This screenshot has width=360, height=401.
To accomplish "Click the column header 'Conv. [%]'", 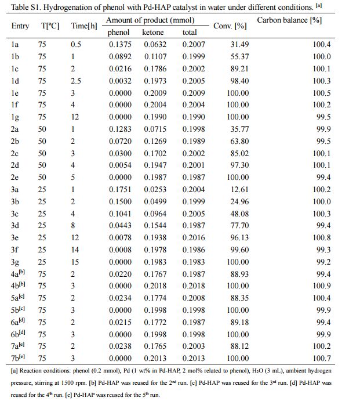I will [227, 27].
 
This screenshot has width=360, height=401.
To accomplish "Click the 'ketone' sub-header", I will [154, 32].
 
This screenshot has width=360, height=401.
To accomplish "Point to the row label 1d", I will [15, 81].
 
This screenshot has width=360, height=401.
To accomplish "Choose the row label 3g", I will [15, 262].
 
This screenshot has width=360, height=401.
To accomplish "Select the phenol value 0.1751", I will [119, 189].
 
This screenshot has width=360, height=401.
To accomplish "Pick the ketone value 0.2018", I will [154, 286].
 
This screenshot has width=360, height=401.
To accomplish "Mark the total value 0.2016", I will [190, 237].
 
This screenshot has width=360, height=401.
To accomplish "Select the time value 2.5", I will [76, 81].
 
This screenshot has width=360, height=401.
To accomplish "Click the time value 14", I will [76, 250].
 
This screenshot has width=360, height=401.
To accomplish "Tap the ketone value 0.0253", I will [154, 189].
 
